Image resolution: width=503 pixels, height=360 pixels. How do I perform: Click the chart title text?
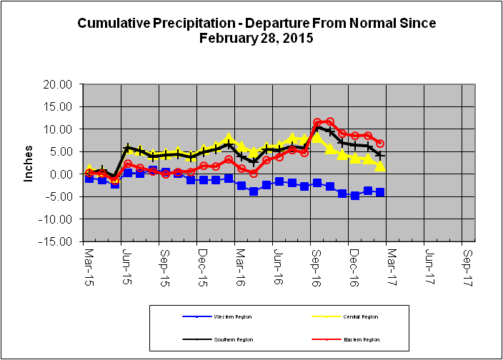point(257,31)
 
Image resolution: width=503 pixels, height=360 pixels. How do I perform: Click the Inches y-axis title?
point(29,164)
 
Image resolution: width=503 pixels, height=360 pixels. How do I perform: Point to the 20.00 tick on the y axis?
point(58,84)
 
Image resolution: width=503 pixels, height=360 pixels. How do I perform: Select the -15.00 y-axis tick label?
point(56,241)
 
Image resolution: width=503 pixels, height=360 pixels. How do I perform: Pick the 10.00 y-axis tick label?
point(58,129)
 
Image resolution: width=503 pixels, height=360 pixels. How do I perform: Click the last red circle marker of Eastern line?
point(380,144)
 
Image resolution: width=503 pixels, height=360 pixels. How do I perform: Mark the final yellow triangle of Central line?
point(380,166)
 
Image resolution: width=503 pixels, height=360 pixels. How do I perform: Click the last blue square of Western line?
point(380,192)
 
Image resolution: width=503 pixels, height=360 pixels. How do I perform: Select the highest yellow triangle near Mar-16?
point(229,138)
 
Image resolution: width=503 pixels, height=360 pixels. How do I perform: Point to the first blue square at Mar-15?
point(89,178)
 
